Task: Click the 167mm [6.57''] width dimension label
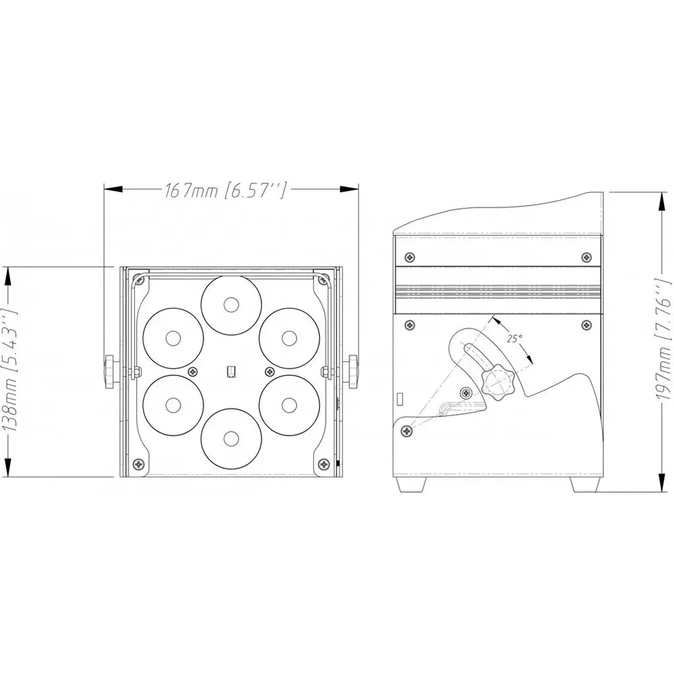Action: click(x=225, y=189)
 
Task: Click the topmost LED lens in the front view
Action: click(x=231, y=305)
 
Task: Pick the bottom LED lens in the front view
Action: click(x=231, y=438)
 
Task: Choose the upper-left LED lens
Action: click(x=173, y=338)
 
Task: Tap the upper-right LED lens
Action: click(x=289, y=338)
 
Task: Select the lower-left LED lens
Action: click(x=173, y=404)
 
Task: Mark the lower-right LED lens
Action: click(x=289, y=404)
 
